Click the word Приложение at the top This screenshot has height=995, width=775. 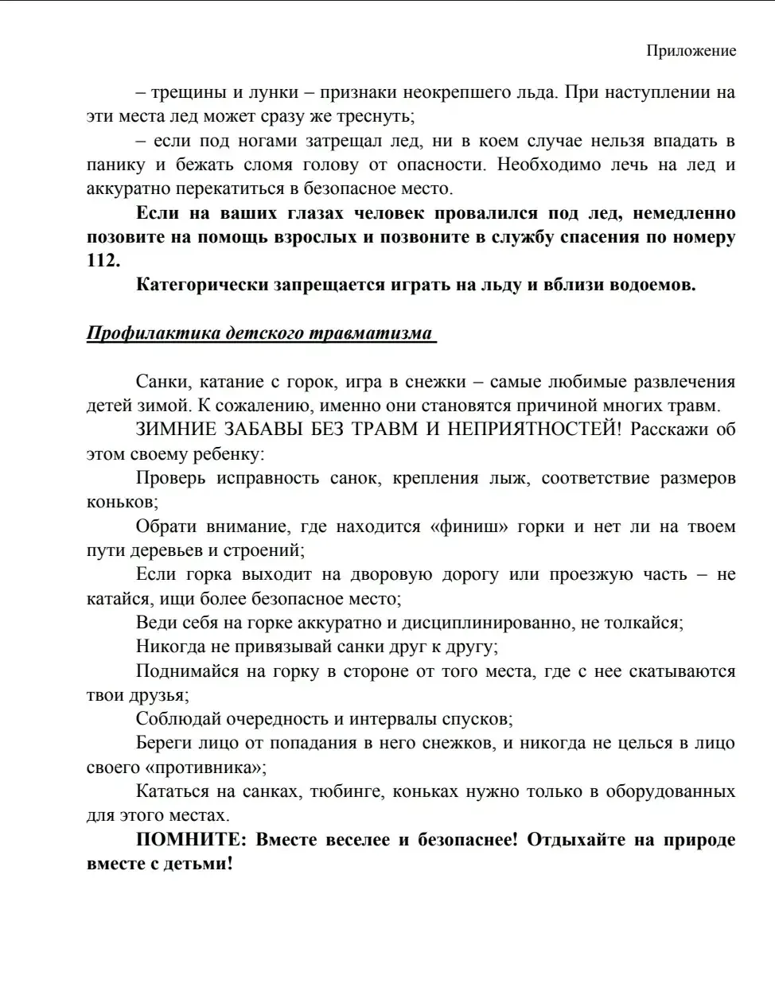[x=691, y=51]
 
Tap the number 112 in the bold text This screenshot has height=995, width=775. [x=103, y=261]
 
